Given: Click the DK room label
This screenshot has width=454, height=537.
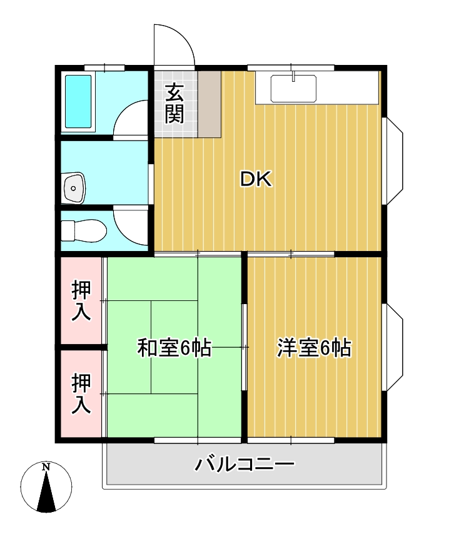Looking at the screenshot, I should (x=256, y=180).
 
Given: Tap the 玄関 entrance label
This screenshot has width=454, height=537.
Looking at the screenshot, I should (x=175, y=104).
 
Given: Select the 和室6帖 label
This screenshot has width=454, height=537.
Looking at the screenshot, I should (x=174, y=348).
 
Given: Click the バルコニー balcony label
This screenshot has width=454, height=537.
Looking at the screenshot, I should (x=244, y=465).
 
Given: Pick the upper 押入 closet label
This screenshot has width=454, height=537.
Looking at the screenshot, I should (x=81, y=301).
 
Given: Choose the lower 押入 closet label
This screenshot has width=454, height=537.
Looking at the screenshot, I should (x=81, y=393).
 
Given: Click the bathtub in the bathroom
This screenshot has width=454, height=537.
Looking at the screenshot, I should (x=78, y=101).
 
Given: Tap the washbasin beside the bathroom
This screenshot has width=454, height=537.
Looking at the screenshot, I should (x=74, y=187).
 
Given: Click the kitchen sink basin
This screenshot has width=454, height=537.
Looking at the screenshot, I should (x=294, y=88).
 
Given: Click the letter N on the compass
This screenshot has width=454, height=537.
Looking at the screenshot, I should (x=46, y=467).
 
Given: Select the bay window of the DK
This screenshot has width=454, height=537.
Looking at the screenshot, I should (x=393, y=161).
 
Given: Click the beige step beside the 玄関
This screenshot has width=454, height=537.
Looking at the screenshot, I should (x=210, y=104).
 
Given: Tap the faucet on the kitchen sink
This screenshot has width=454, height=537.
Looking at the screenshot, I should (x=294, y=77).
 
